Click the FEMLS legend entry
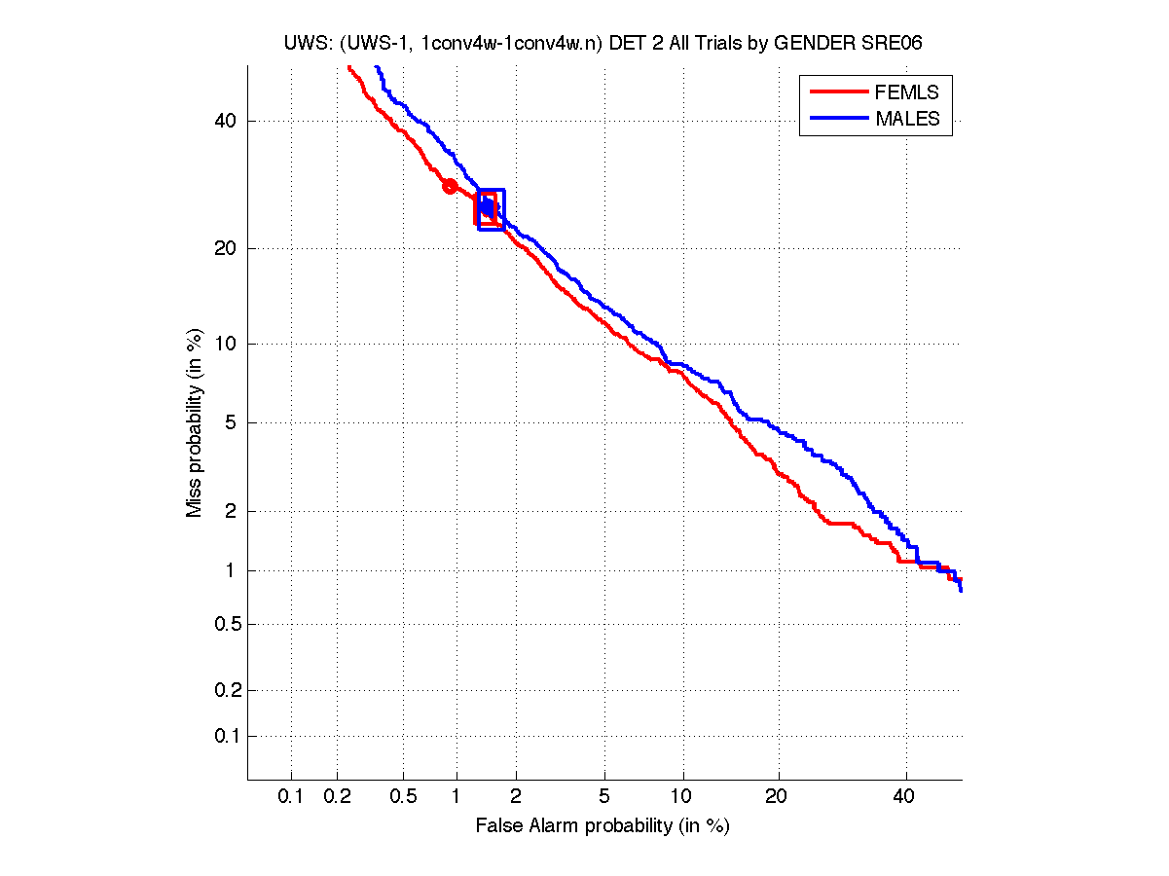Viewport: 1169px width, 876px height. point(906,92)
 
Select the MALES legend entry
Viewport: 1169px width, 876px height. point(907,119)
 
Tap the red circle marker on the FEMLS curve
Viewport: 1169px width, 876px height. point(450,186)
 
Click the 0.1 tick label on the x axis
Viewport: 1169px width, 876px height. point(291,797)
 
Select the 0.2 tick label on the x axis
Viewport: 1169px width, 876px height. point(338,797)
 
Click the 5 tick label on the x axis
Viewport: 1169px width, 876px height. point(604,797)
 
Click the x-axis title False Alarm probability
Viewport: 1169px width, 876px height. point(603,826)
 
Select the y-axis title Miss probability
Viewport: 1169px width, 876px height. point(196,422)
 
